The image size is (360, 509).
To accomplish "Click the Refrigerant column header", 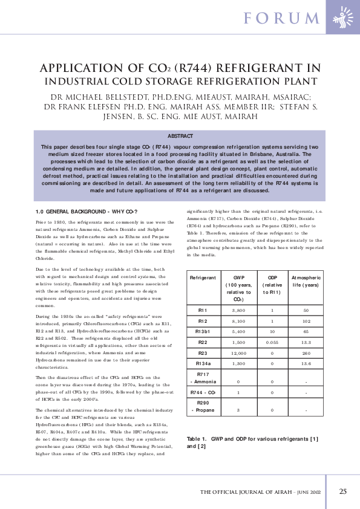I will click(203, 276).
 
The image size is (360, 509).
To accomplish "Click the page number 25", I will click(342, 491).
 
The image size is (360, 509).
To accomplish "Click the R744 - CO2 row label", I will click(203, 392).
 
